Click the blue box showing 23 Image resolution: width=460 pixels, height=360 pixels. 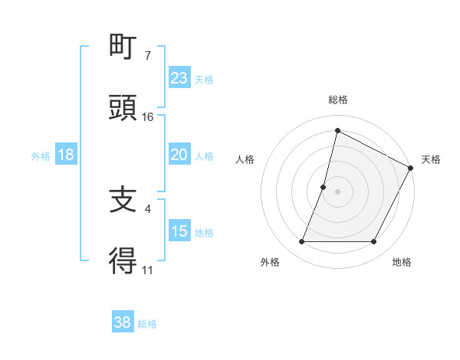(179, 78)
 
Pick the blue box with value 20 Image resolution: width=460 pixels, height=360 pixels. (179, 155)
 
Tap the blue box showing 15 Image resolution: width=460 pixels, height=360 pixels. (179, 231)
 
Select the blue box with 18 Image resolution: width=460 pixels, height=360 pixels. (66, 155)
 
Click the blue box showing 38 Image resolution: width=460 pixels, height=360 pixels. (123, 322)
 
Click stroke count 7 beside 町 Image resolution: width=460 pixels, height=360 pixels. (148, 55)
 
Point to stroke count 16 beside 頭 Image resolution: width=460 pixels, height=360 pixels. (148, 116)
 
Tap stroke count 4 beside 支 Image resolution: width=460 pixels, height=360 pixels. (148, 208)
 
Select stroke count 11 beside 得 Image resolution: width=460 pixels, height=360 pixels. (148, 270)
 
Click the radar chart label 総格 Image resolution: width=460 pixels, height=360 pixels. (337, 100)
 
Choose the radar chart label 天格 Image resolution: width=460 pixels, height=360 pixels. (431, 160)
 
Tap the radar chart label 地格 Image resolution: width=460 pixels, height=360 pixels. (402, 262)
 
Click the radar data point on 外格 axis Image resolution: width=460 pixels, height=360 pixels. (302, 242)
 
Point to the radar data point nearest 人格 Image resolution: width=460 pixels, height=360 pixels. (324, 187)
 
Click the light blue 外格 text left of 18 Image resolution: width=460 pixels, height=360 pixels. (41, 155)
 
